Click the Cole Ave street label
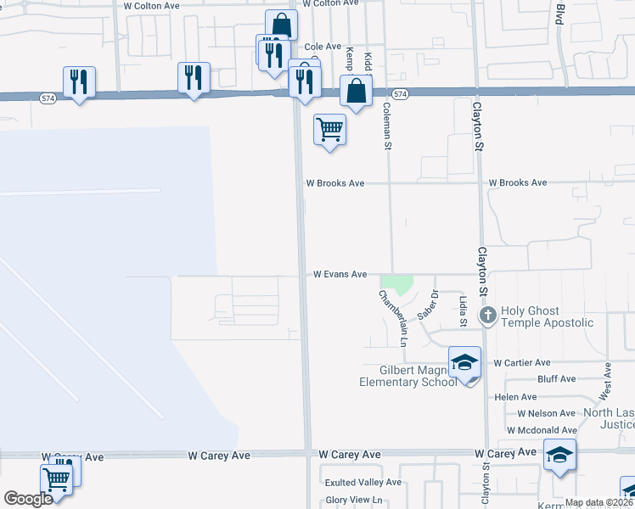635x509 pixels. click(x=323, y=47)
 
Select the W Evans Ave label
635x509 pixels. click(x=340, y=275)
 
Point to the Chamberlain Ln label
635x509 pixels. click(x=392, y=318)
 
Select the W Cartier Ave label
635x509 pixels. click(x=522, y=362)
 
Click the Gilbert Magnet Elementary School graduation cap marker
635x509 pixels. click(x=464, y=363)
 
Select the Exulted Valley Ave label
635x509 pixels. click(x=362, y=483)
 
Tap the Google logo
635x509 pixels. click(x=28, y=499)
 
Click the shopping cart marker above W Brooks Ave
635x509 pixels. click(x=329, y=130)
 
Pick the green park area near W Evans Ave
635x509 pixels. click(x=396, y=284)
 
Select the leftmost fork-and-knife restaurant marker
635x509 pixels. click(x=79, y=81)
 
